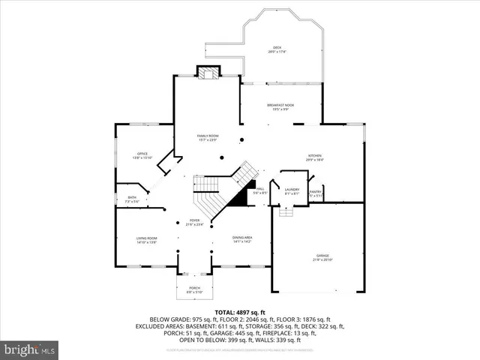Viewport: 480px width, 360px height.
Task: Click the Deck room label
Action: pos(277,49)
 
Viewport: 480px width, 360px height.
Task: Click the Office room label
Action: pos(142,155)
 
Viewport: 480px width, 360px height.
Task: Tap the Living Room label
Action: pos(146,239)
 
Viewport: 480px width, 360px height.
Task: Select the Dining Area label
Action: pos(241,239)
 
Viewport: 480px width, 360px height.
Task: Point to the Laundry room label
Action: pos(292,192)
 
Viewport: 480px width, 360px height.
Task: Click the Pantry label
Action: pos(316,193)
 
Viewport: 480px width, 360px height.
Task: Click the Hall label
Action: pos(259,192)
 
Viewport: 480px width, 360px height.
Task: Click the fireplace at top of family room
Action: pos(208,72)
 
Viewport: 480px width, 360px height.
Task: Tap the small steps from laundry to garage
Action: pos(286,212)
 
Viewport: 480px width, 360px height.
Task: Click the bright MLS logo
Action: pos(29,349)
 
